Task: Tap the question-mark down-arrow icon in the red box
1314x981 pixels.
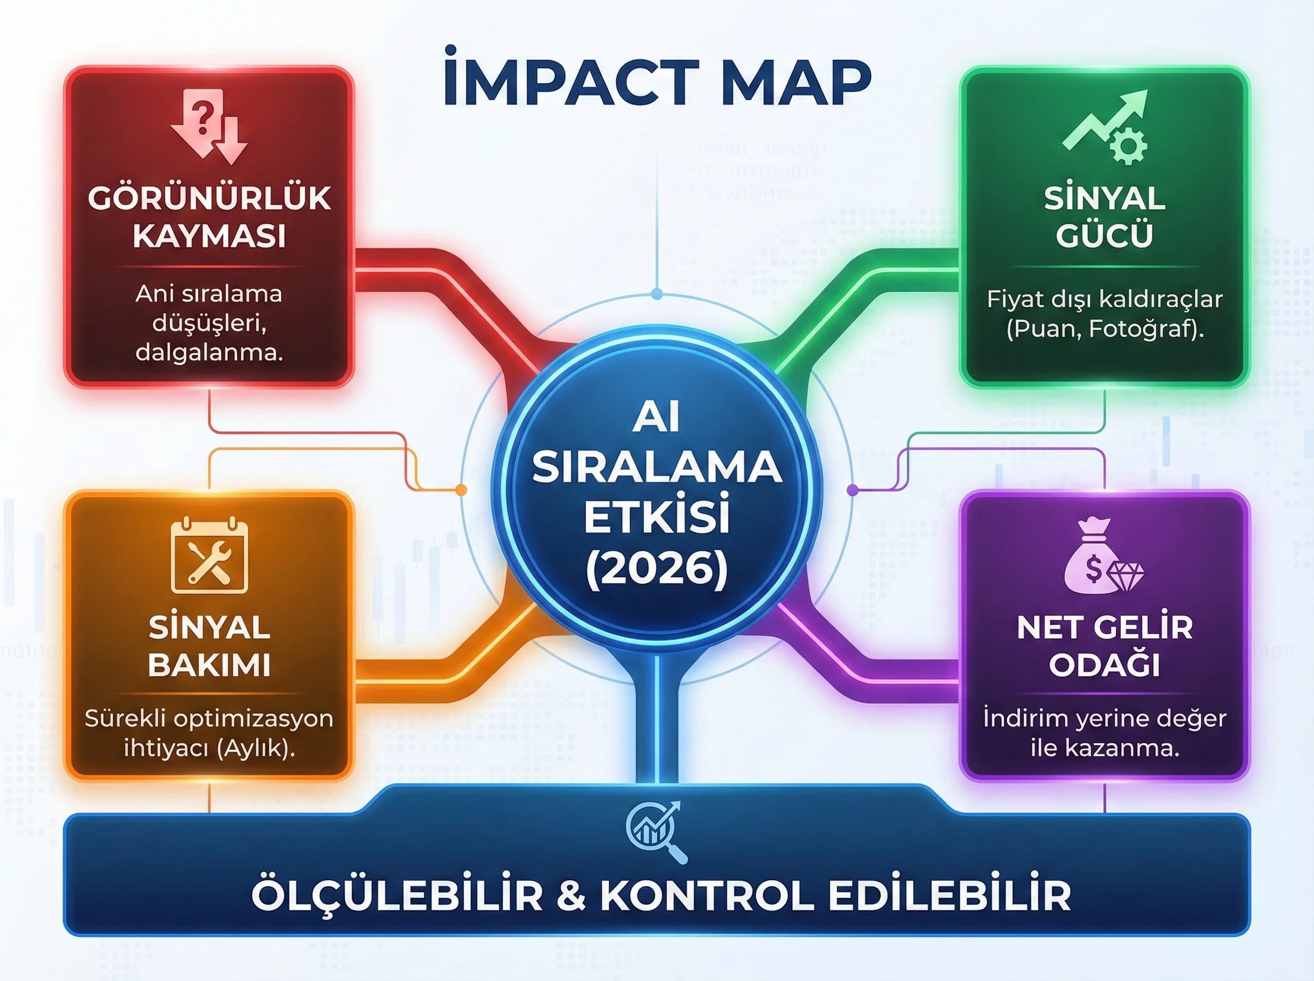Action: [208, 126]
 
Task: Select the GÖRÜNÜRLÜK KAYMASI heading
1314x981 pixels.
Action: [209, 216]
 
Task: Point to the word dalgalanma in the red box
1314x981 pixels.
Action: [209, 353]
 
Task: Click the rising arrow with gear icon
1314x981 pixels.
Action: [1105, 126]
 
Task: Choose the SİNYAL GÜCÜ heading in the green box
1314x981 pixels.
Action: [1104, 216]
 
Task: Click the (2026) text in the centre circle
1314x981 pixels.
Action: [656, 568]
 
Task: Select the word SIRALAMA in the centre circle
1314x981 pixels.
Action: [656, 468]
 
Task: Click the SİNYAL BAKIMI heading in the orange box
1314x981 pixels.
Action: [209, 645]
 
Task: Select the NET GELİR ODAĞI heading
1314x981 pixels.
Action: [1104, 645]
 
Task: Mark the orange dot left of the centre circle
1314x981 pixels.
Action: [461, 490]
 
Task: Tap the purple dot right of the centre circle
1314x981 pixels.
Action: [852, 490]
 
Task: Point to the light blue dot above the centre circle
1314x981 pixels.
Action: [656, 293]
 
